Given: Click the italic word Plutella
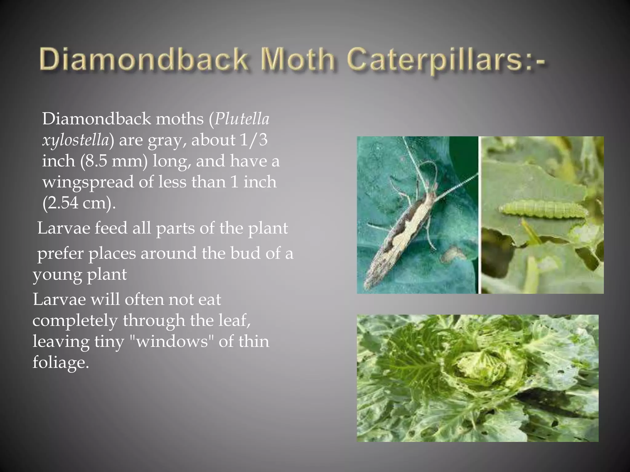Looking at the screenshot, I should tap(242, 119).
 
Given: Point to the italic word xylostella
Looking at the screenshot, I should tap(76, 140).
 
